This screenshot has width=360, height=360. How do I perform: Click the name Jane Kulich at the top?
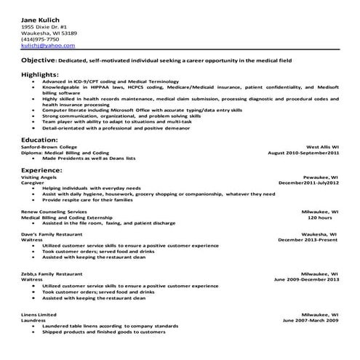(x=41, y=17)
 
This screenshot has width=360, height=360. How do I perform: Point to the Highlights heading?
(x=41, y=74)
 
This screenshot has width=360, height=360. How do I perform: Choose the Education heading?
(x=39, y=138)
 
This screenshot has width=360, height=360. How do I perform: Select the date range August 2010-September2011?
(x=304, y=153)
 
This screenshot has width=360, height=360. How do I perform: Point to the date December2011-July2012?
(x=308, y=184)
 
